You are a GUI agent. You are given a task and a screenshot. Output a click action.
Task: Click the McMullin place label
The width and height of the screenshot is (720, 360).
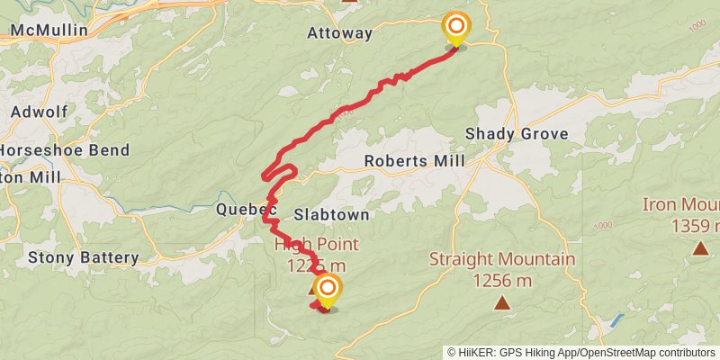coord(49,31)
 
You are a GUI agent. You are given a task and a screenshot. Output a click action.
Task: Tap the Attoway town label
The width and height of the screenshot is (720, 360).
coord(339,33)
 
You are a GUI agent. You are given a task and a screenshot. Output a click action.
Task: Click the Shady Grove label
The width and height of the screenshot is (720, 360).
coord(517,134)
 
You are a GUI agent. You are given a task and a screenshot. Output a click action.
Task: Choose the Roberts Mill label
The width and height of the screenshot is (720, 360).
coord(414,161)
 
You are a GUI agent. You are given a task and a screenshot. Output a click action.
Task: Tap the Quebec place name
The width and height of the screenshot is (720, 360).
coord(245,210)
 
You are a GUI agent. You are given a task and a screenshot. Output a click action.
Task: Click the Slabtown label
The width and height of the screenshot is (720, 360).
coord(332,215)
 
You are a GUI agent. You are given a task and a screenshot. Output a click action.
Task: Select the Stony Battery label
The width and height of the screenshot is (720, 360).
coord(84,258)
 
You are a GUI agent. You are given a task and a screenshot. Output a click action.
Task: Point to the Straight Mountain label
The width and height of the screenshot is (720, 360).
coord(501,260)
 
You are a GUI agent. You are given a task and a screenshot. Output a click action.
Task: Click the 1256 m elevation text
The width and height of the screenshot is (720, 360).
coord(501,280)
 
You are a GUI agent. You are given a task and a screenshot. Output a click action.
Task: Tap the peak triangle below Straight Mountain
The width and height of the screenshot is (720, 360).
coord(501,303)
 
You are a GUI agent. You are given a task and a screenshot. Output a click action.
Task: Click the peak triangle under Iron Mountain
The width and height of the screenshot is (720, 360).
coord(700,247)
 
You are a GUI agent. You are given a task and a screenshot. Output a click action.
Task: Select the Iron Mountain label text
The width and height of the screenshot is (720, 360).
coord(681,204)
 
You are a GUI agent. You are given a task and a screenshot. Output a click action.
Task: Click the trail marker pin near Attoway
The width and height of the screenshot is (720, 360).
coord(456,28)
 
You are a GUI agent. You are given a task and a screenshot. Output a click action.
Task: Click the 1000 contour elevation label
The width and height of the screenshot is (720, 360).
coord(603,224)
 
